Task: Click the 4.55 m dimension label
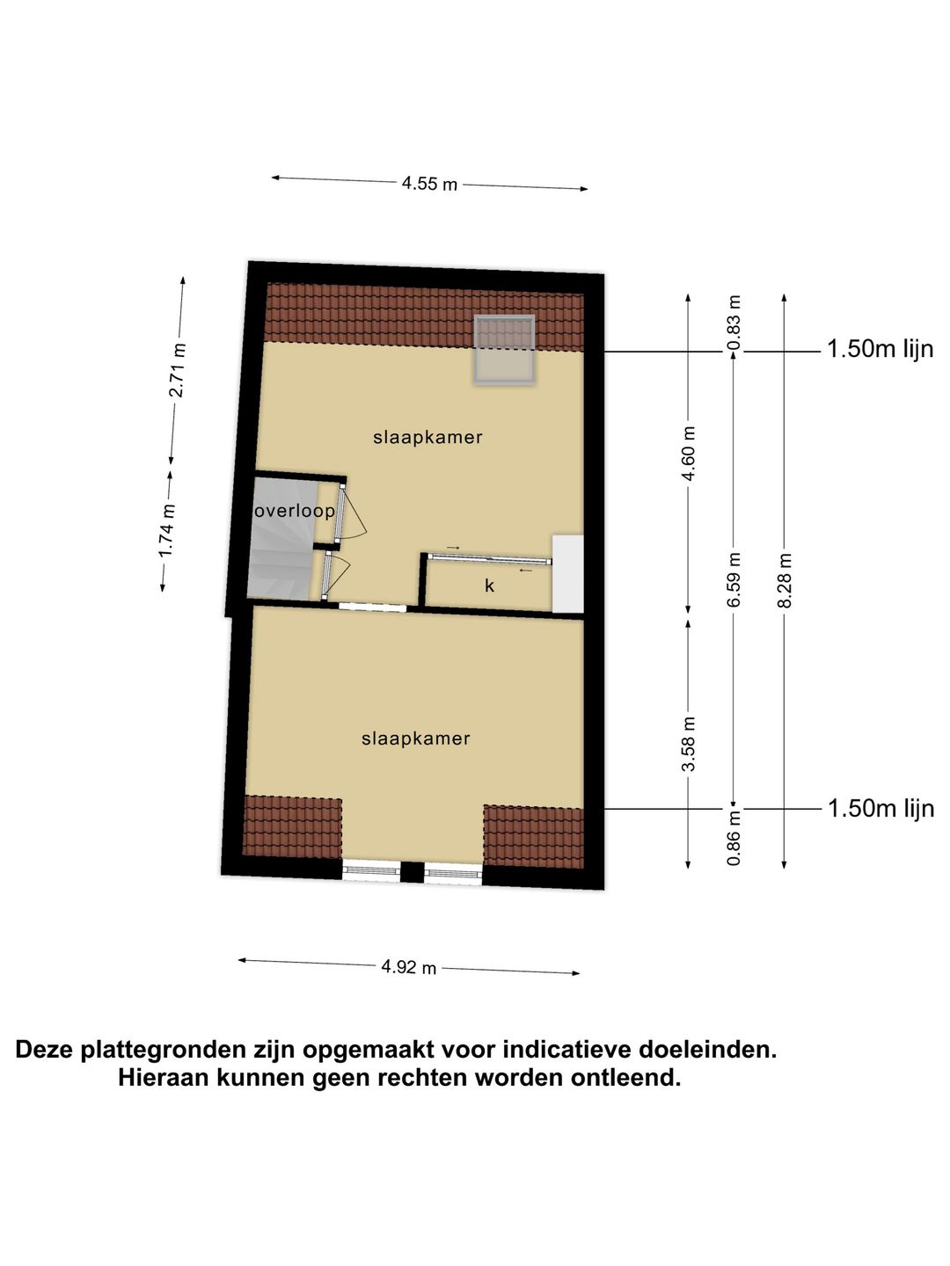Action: tap(429, 184)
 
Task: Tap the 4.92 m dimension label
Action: tap(408, 967)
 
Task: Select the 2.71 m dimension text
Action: tap(177, 369)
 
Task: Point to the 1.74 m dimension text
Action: tap(166, 530)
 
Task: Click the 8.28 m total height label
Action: tap(786, 579)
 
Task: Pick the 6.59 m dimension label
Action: tap(734, 579)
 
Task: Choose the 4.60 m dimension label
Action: tap(689, 454)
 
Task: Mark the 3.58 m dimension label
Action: tap(689, 744)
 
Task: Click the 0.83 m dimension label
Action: tap(734, 314)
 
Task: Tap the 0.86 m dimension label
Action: tap(734, 836)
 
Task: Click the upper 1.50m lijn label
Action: tap(880, 349)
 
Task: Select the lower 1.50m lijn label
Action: tap(881, 808)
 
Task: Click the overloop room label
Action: tap(295, 511)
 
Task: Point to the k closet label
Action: tap(490, 586)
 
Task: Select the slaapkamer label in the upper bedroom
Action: tap(427, 437)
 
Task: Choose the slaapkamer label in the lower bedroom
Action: tap(416, 738)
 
